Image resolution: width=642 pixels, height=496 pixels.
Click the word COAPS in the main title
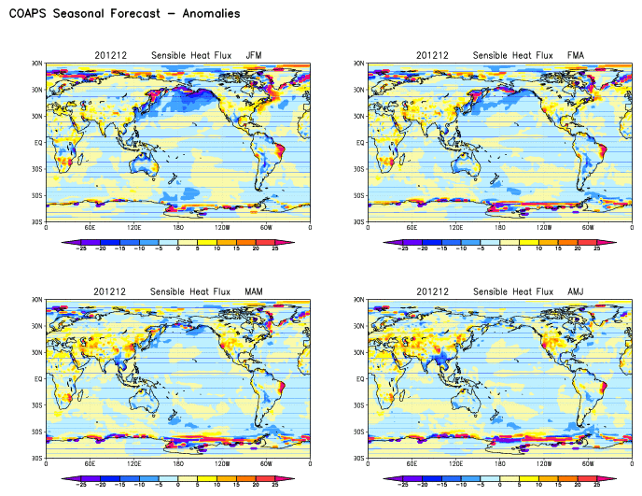(x=31, y=14)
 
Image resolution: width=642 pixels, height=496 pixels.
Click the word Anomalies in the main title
(x=206, y=14)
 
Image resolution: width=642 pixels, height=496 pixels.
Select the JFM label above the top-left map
(x=254, y=55)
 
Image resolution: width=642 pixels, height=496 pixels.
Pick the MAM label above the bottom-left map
(x=254, y=291)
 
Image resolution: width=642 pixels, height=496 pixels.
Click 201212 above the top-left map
(x=108, y=55)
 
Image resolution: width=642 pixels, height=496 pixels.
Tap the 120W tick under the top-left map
(x=222, y=228)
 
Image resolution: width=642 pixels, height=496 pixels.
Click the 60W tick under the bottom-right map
(x=587, y=464)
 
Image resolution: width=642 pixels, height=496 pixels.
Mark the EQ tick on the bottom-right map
(x=360, y=379)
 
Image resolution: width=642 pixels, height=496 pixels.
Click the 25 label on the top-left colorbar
(x=276, y=249)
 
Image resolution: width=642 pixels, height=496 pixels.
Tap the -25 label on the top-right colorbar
(x=403, y=249)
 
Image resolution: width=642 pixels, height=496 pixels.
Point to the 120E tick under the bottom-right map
(x=455, y=464)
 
